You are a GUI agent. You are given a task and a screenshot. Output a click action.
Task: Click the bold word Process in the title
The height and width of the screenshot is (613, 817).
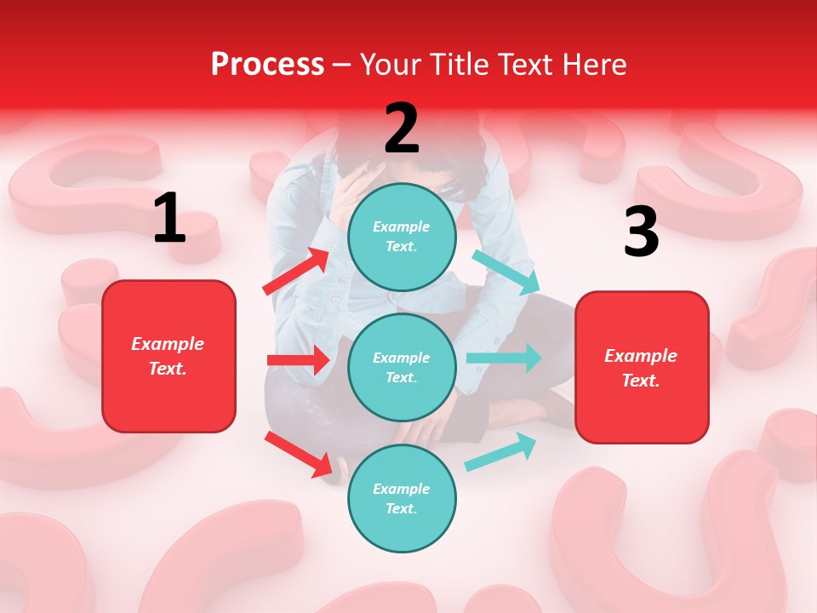267,65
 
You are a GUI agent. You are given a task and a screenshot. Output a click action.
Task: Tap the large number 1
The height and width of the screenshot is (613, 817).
169,218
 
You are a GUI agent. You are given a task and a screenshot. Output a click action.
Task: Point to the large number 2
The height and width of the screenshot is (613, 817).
402,129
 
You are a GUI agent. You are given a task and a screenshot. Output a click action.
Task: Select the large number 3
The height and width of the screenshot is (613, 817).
641,232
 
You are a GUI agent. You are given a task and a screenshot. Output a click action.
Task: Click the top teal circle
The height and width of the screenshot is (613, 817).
402,236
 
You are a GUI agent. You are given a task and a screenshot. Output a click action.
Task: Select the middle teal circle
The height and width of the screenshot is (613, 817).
402,367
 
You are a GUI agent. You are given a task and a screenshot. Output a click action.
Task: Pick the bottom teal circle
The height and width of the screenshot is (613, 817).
402,498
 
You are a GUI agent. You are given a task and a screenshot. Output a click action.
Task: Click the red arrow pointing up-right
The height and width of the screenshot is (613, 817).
297,272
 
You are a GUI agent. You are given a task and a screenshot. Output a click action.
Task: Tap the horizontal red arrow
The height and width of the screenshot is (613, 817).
298,360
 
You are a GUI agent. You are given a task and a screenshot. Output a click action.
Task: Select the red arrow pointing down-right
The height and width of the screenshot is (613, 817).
299,454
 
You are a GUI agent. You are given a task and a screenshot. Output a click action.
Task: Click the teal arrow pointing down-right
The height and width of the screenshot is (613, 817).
506,272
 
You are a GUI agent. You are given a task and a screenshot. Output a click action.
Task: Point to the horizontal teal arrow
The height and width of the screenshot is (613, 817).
504,358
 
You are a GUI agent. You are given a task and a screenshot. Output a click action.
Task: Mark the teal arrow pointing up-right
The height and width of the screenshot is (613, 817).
501,451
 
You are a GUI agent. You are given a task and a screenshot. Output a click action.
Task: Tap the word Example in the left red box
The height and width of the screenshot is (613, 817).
168,343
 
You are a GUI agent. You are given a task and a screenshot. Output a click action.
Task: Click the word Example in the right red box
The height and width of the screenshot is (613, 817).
641,355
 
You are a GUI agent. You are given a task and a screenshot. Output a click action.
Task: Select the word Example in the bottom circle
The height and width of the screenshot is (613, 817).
402,489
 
